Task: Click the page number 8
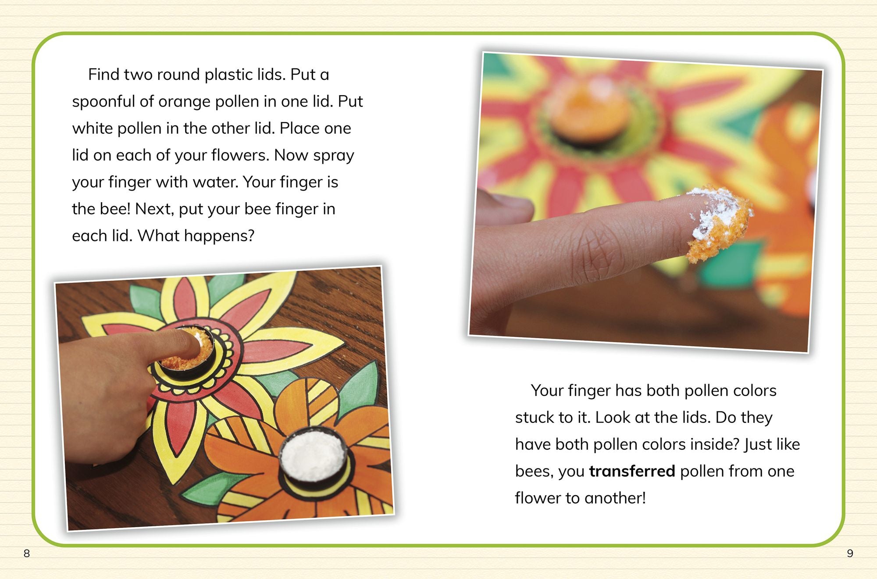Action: coord(27,554)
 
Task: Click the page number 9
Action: coord(850,554)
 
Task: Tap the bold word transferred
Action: coord(632,471)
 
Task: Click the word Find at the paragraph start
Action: coord(104,75)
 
